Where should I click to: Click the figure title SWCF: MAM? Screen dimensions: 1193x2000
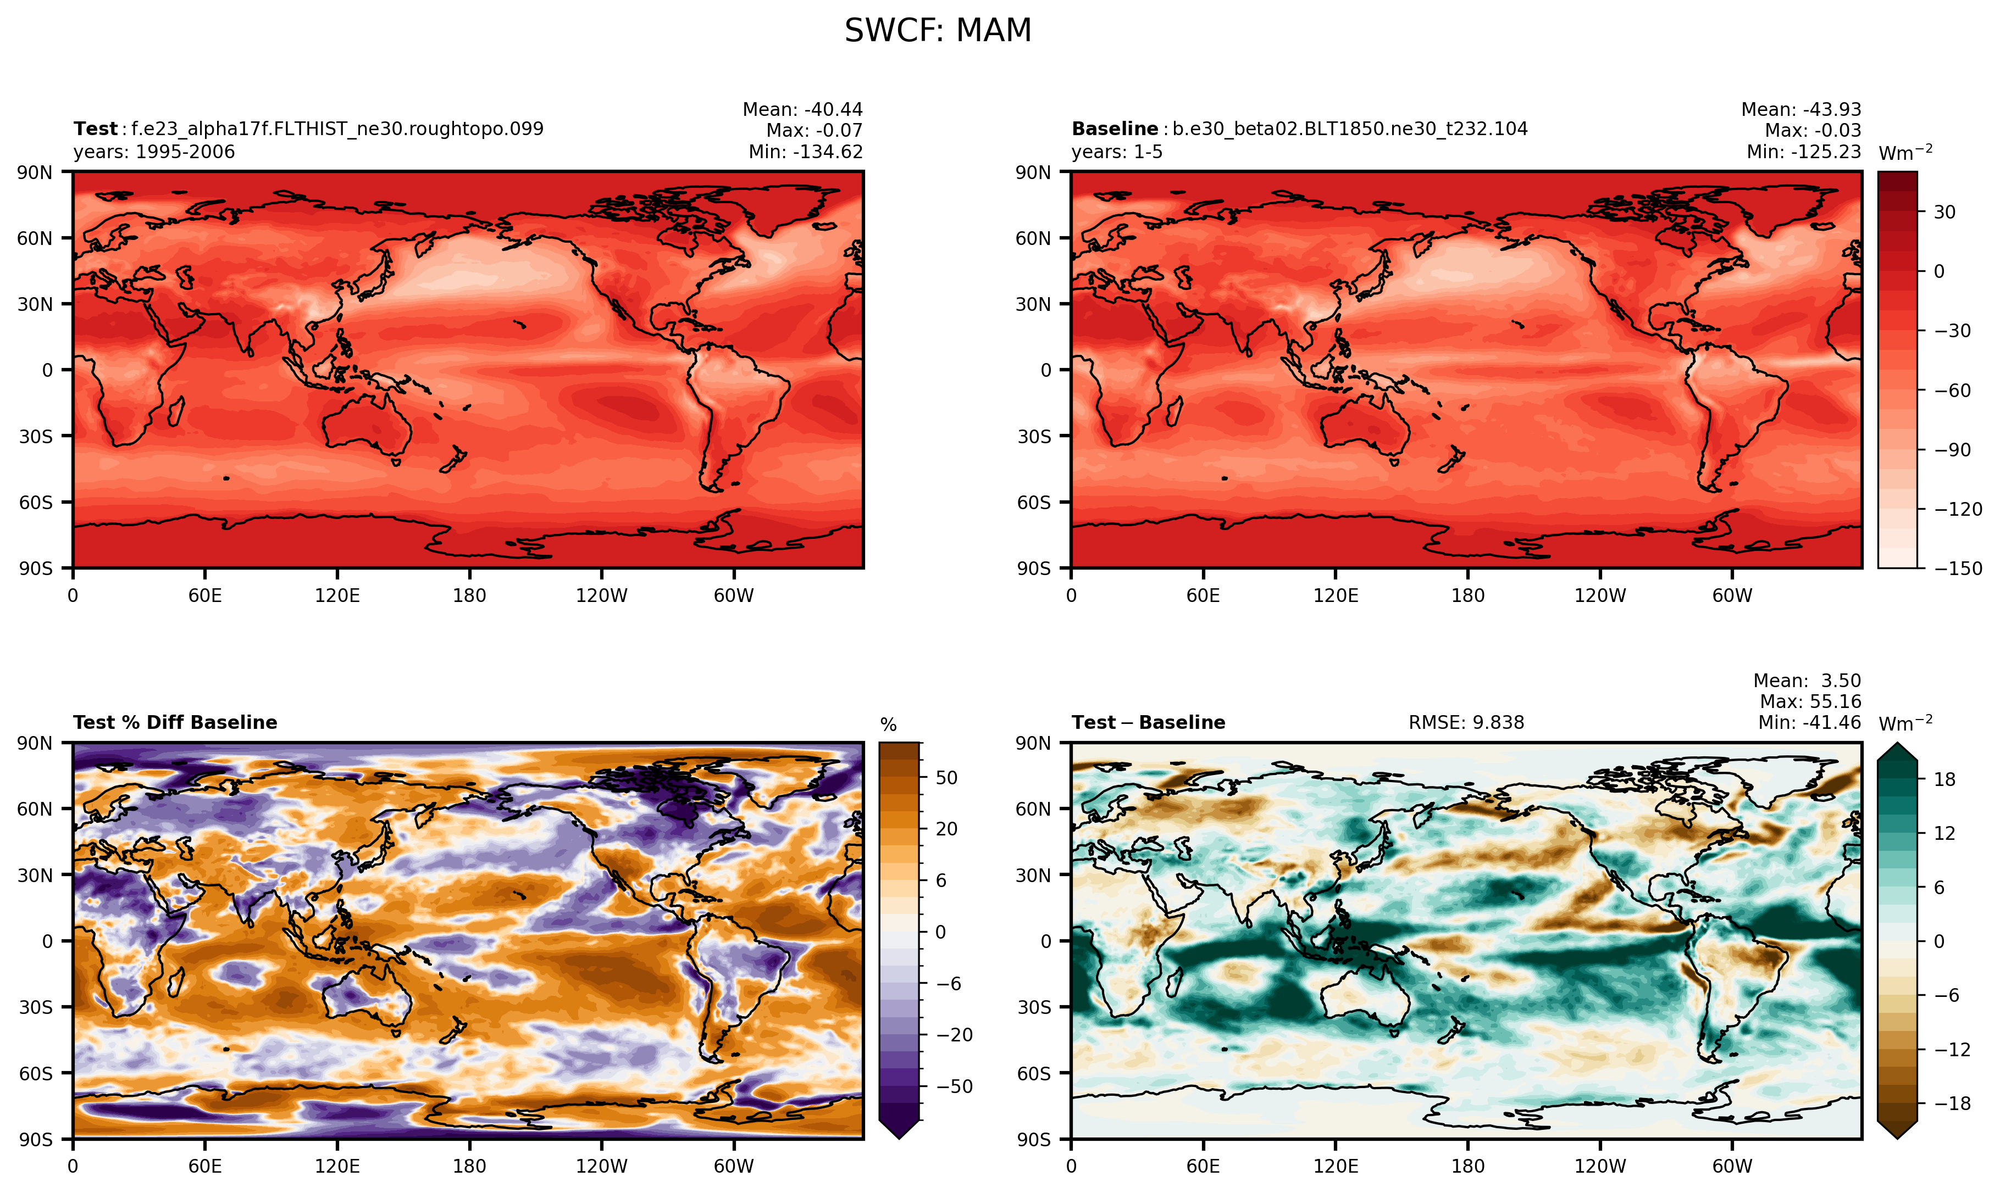tap(937, 31)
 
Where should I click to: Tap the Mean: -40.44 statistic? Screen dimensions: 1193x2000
tap(802, 109)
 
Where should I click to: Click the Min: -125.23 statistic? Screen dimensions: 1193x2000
tap(1803, 152)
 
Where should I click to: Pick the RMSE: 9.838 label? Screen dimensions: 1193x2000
tap(1465, 723)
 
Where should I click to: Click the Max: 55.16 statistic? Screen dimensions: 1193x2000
tap(1809, 702)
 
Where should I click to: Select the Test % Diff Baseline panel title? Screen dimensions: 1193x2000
tap(175, 723)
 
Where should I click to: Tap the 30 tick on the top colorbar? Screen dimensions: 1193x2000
tap(1944, 212)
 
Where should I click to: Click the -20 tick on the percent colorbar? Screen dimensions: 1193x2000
tap(954, 1035)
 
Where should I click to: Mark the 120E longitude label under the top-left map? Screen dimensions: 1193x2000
tap(337, 596)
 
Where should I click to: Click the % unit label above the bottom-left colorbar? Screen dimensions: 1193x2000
tap(888, 725)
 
